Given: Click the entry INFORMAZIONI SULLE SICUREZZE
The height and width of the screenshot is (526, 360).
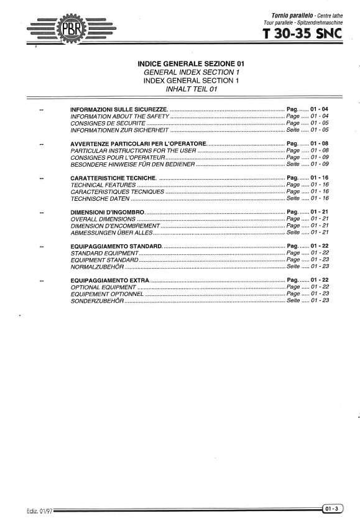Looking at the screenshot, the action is pos(119,109).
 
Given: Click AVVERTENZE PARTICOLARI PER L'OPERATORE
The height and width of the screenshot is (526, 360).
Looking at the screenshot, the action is pos(134,144).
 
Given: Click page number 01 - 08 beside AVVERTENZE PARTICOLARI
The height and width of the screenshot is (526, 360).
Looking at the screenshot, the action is pos(319,144).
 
